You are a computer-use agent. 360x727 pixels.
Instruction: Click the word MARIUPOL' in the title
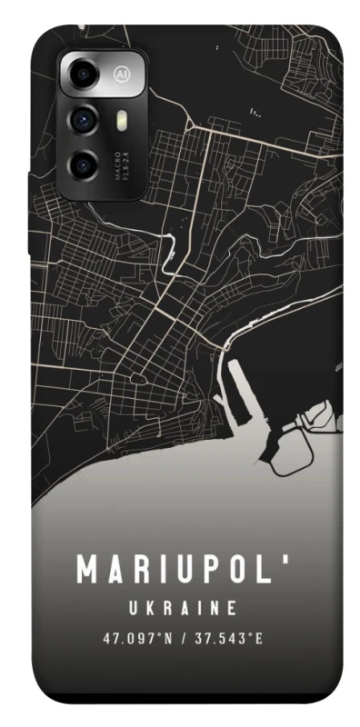[x=180, y=570]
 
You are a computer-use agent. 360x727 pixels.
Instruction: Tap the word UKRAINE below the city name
[x=181, y=607]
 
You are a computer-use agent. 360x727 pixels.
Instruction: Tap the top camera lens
[x=84, y=74]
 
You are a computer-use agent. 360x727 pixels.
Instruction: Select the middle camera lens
[x=83, y=118]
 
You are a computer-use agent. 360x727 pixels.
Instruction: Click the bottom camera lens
[x=83, y=164]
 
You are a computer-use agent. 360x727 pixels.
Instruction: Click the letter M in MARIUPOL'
[x=88, y=570]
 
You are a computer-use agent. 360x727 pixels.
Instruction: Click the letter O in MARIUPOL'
[x=237, y=570]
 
